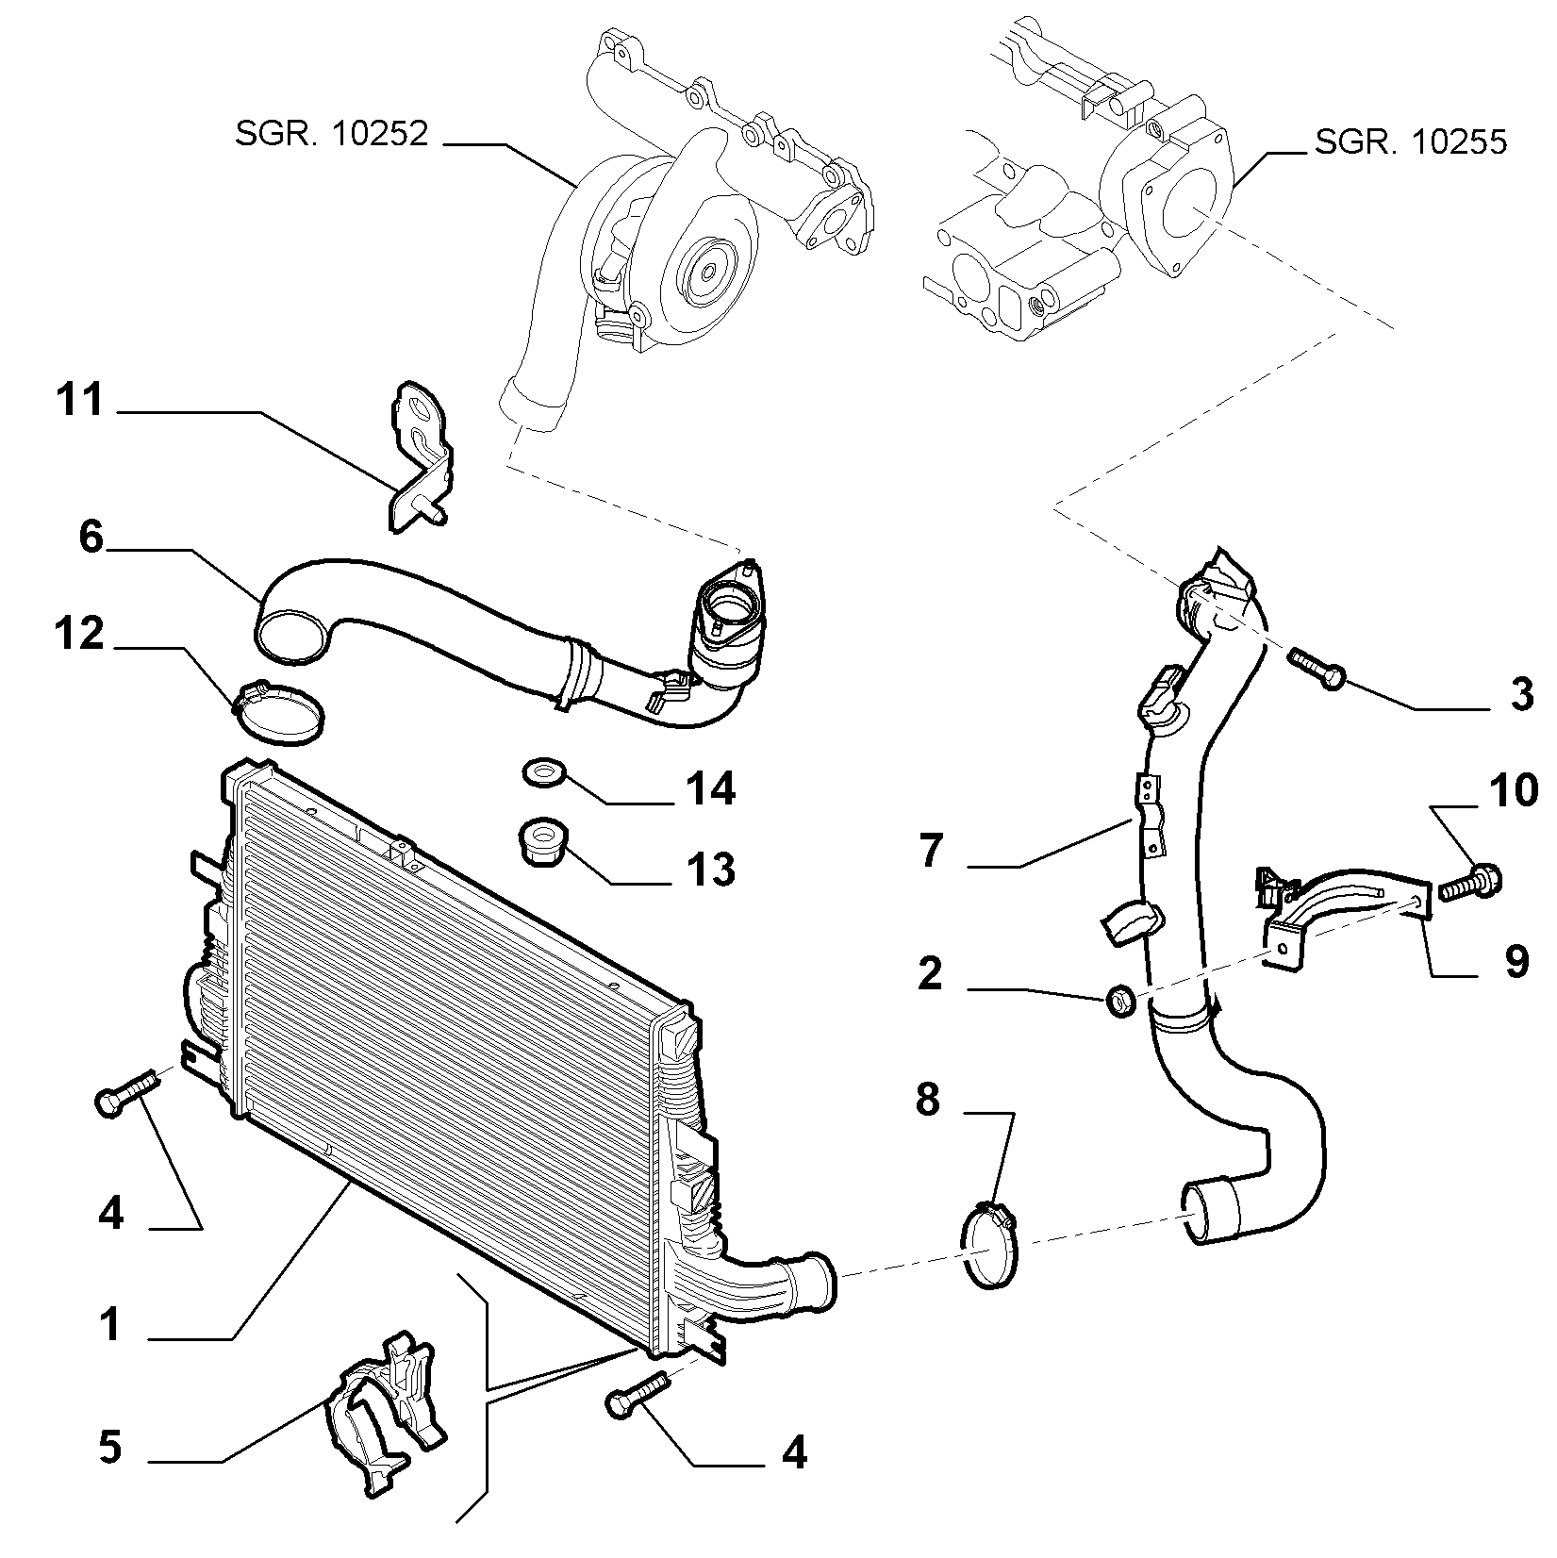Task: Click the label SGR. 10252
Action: [331, 134]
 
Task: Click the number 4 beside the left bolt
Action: [110, 1214]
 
